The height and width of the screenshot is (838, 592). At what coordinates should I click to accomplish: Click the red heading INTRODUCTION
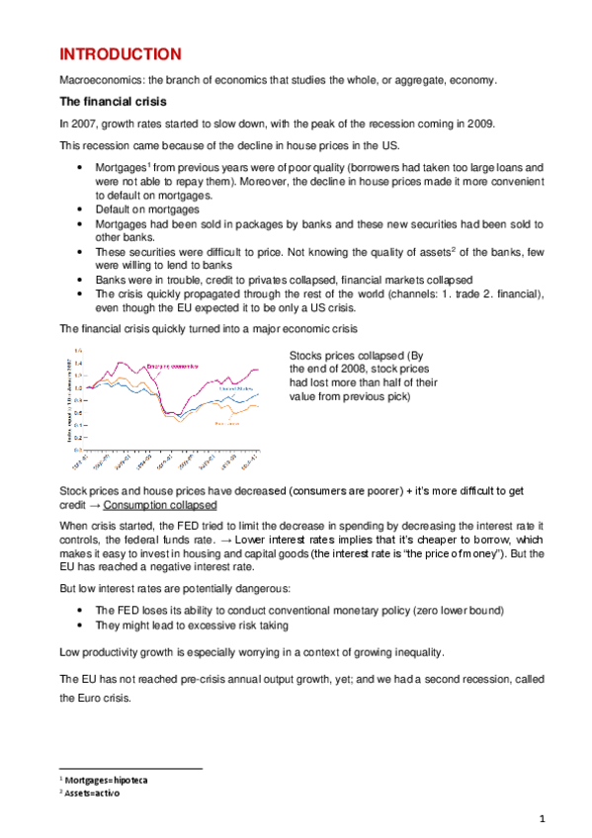[x=120, y=53]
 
